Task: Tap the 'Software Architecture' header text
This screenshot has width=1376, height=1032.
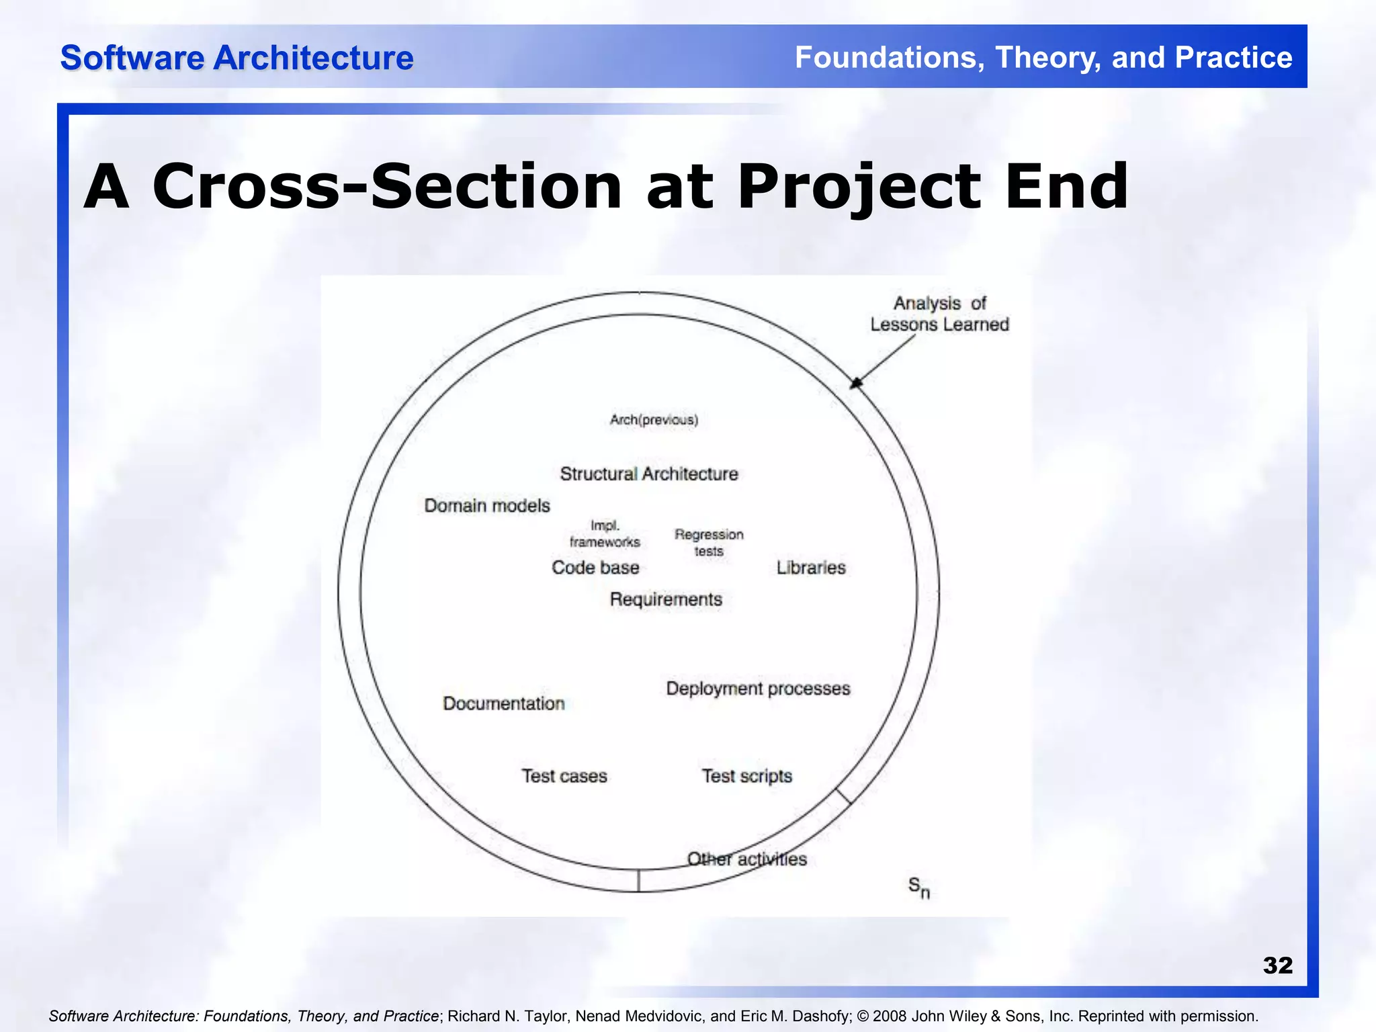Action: point(236,58)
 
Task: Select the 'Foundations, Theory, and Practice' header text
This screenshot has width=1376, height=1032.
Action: point(1043,58)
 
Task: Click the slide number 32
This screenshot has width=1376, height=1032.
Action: point(1277,965)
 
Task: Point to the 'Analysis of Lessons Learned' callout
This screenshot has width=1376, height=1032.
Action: point(939,314)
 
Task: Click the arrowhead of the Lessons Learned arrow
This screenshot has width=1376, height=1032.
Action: point(855,383)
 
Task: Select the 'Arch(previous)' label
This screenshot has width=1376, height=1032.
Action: point(654,420)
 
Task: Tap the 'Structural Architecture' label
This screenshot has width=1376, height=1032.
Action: point(649,474)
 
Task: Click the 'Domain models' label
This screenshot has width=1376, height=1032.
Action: point(487,506)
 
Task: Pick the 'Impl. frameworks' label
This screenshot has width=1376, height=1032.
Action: point(605,533)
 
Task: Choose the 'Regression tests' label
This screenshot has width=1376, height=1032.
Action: point(709,543)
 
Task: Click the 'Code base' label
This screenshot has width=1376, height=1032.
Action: point(595,568)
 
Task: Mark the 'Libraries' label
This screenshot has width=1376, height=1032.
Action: point(811,568)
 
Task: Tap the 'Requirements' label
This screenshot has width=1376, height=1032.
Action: point(666,599)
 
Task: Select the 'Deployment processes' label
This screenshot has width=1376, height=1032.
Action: point(758,689)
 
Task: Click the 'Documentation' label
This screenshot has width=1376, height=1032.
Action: point(504,703)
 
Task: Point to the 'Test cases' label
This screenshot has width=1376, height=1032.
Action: point(564,776)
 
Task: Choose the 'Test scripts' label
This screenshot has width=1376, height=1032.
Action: point(747,776)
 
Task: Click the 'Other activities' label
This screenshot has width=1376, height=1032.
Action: point(746,859)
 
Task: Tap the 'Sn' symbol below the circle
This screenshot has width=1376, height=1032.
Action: point(918,888)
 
